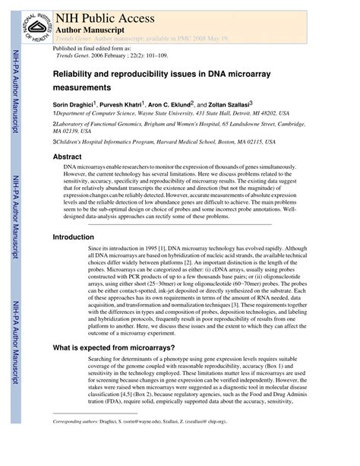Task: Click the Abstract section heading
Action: (x=67, y=156)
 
